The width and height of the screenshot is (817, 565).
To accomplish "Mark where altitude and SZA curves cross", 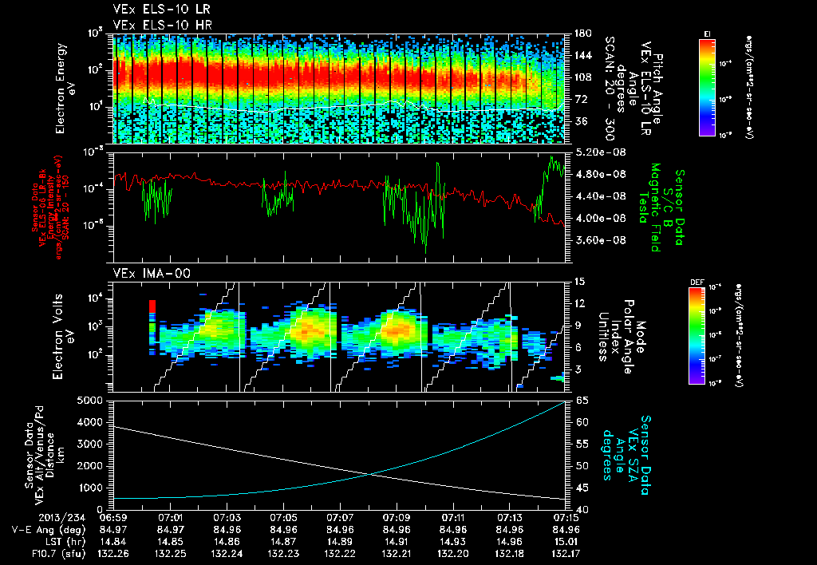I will click(x=372, y=475).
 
